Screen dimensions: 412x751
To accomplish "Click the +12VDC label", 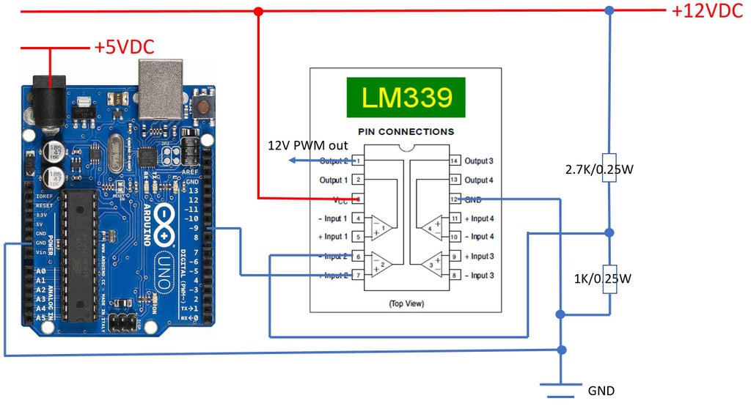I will pyautogui.click(x=708, y=11).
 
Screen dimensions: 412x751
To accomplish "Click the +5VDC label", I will pyautogui.click(x=123, y=48).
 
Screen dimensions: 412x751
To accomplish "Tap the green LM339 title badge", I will pyautogui.click(x=406, y=97).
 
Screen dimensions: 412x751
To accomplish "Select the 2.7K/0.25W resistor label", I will pyautogui.click(x=599, y=169).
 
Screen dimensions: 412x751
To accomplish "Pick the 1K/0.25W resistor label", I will pyautogui.click(x=603, y=279).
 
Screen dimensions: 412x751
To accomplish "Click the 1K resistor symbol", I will pyautogui.click(x=609, y=279).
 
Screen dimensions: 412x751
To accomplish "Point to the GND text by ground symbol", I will pyautogui.click(x=601, y=391).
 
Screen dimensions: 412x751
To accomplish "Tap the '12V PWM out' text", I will pyautogui.click(x=307, y=145).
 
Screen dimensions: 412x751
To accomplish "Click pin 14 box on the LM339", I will pyautogui.click(x=454, y=161).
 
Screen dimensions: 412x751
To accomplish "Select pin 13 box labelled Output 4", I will pyautogui.click(x=454, y=180).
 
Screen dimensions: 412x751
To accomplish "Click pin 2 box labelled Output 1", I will pyautogui.click(x=358, y=180).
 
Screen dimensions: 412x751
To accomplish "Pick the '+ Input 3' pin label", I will pyautogui.click(x=479, y=257).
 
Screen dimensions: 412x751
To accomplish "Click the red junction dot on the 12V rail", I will pyautogui.click(x=258, y=11).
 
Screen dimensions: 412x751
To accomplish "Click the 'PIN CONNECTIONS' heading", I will pyautogui.click(x=406, y=132).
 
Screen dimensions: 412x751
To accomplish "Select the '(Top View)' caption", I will pyautogui.click(x=406, y=303).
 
